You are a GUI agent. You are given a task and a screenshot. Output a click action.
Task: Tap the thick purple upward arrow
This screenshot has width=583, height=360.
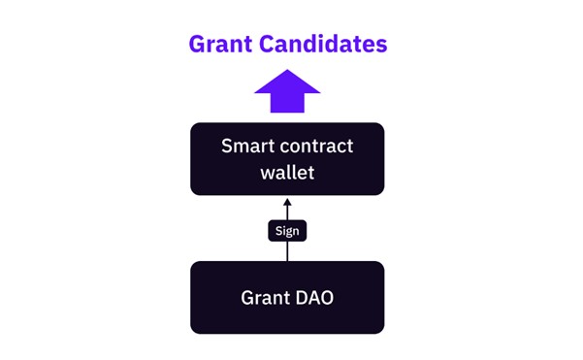[x=287, y=93]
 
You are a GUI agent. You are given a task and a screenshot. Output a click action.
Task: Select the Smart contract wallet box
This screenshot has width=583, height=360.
[x=287, y=158]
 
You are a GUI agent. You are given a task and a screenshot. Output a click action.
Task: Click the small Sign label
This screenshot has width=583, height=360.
[x=287, y=231]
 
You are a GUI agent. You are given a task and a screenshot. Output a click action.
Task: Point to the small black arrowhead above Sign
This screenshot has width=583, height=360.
[x=287, y=204]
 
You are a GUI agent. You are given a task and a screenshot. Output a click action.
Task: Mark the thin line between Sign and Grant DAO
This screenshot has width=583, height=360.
[x=287, y=251]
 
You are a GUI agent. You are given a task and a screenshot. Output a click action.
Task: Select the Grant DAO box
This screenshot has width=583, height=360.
[x=287, y=297]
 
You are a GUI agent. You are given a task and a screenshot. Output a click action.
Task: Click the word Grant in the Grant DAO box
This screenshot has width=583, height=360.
[x=264, y=297]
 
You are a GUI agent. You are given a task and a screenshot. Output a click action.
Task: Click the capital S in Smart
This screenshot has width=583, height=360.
[x=227, y=147]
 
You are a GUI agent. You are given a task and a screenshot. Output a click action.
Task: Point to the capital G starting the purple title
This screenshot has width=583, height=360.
[x=198, y=44]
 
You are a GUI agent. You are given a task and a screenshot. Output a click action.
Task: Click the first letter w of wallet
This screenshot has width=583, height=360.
[x=267, y=172]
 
